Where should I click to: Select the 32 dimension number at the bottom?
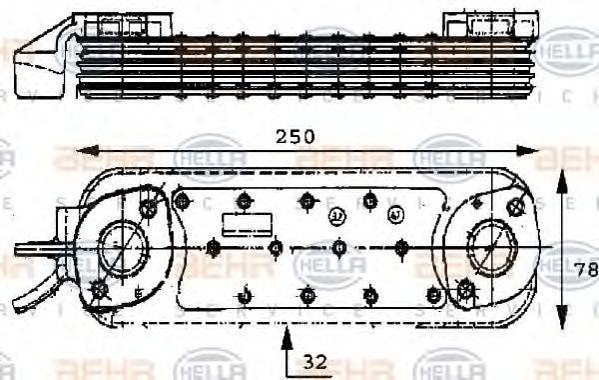(316, 362)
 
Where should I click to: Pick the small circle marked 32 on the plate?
(337, 214)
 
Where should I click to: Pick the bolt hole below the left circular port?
(99, 291)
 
